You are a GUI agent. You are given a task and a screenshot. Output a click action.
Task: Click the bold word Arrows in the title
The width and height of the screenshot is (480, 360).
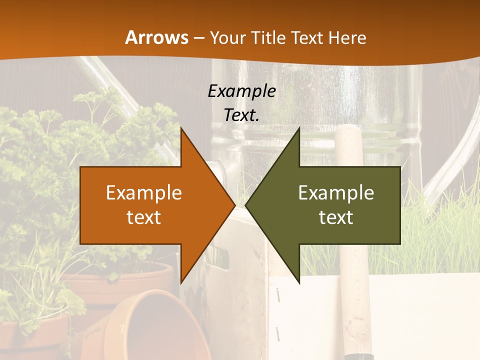pos(156,37)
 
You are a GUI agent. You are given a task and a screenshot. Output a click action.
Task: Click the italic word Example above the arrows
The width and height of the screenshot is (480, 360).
pos(241,91)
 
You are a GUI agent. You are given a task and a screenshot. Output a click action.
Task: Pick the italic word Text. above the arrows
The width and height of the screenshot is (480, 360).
pos(241,115)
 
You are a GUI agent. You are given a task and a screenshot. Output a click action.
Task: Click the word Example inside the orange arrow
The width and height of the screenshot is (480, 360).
pos(144,193)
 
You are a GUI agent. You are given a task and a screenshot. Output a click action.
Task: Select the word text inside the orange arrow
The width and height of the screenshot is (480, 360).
pos(144,217)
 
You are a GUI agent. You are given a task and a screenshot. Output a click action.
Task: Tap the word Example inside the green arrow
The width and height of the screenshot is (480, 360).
pos(336,193)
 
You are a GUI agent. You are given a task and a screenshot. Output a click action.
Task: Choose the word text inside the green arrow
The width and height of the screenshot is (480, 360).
pos(336,217)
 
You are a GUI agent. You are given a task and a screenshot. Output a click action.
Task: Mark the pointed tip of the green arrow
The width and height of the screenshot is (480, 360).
pos(246,205)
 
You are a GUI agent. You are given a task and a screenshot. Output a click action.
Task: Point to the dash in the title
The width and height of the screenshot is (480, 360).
pos(198,38)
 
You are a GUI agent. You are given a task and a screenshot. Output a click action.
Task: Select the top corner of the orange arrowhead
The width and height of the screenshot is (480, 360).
pos(181,128)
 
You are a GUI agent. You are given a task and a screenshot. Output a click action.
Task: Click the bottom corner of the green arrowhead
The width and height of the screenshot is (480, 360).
pos(299,282)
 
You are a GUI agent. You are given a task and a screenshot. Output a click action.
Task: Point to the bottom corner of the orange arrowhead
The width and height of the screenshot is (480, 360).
pos(181,282)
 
